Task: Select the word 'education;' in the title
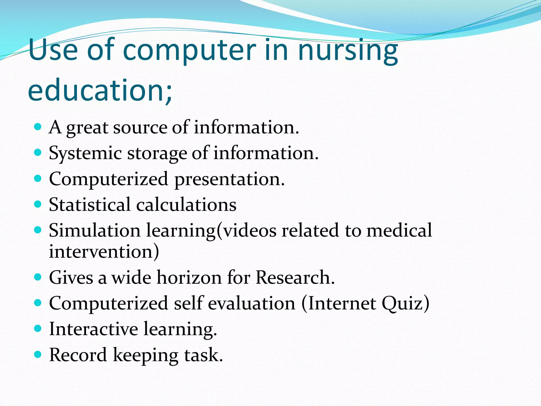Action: [x=100, y=90]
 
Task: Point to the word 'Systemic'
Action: [x=85, y=153]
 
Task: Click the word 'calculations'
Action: [x=186, y=205]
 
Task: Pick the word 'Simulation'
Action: [x=95, y=230]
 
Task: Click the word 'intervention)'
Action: [x=104, y=251]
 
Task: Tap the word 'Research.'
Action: [x=295, y=278]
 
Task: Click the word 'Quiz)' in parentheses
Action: [x=405, y=303]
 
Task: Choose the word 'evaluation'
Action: [x=251, y=303]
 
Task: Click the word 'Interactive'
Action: [x=94, y=329]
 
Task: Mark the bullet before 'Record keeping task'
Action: [x=38, y=354]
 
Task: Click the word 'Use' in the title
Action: [x=53, y=51]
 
